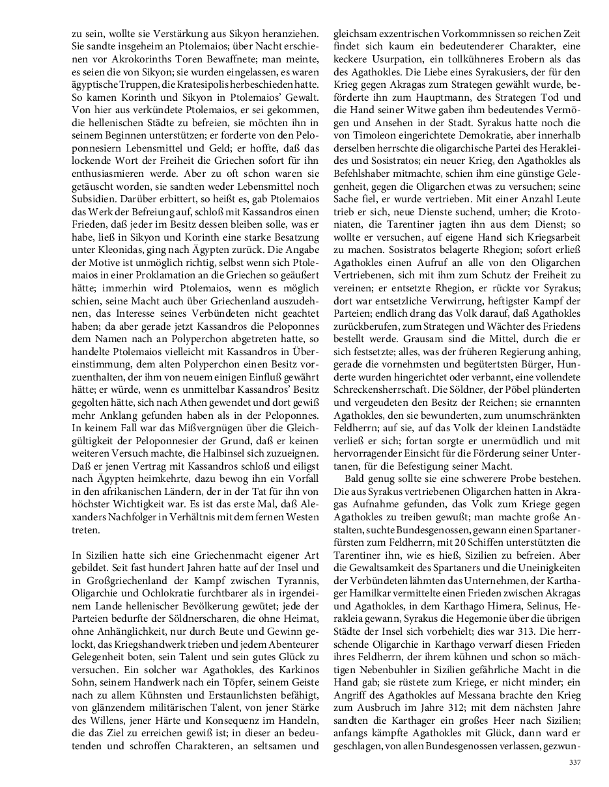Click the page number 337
[574, 762]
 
